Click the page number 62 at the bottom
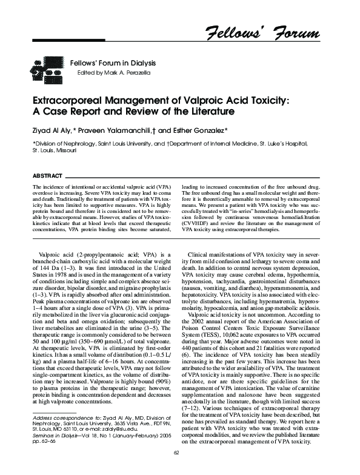[x=176, y=468]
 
